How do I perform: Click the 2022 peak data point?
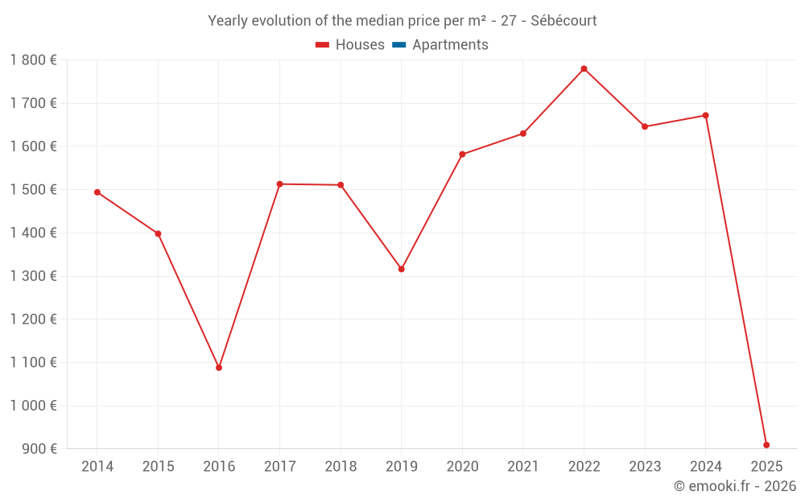click(x=584, y=68)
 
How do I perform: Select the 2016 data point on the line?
click(x=219, y=368)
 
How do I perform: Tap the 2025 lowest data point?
click(x=766, y=445)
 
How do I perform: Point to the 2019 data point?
click(x=402, y=269)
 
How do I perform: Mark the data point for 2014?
click(x=97, y=192)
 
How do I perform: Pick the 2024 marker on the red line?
click(x=706, y=115)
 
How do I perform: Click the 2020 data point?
click(x=462, y=155)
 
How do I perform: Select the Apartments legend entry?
click(x=450, y=45)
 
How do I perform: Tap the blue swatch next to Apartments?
click(x=398, y=45)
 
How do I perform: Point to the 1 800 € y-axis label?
click(x=33, y=60)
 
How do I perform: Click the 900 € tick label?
click(x=39, y=449)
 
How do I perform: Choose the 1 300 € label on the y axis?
click(x=33, y=276)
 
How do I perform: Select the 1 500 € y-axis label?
click(x=33, y=190)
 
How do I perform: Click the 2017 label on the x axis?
click(x=279, y=467)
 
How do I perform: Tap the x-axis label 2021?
click(x=523, y=467)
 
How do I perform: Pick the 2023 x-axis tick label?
click(x=645, y=467)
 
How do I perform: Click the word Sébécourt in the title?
click(x=563, y=21)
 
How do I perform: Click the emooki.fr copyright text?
click(x=734, y=486)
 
